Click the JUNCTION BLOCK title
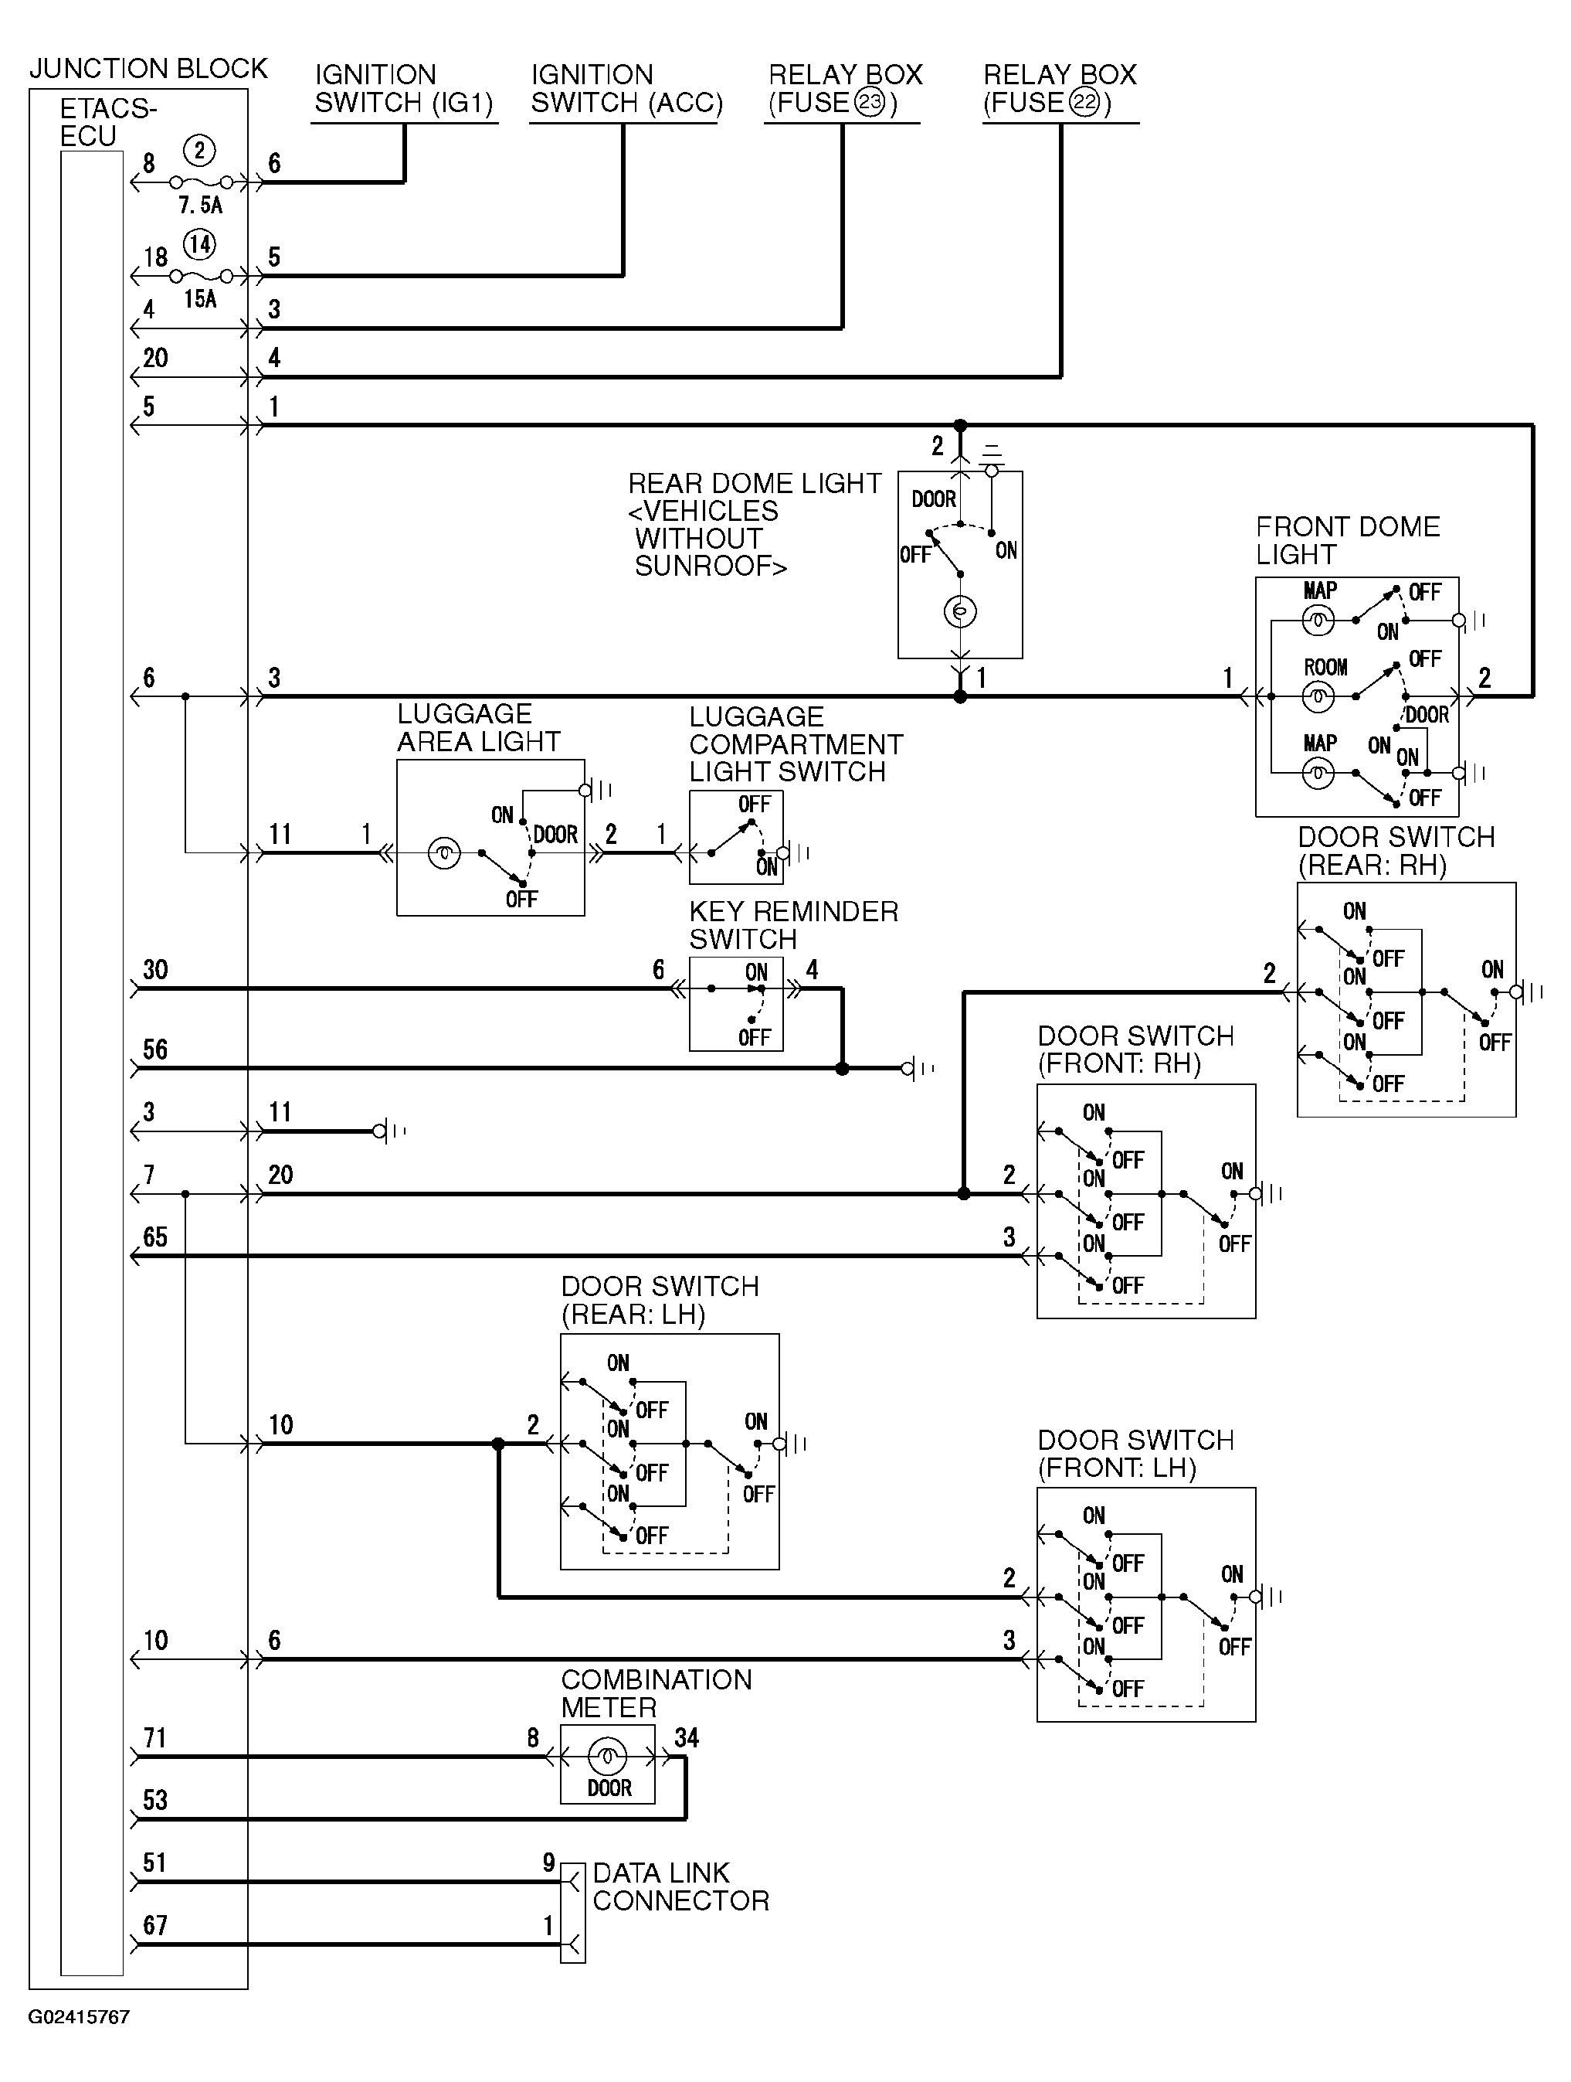[x=148, y=69]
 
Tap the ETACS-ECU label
[x=107, y=122]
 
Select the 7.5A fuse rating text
[x=200, y=204]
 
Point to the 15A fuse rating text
[x=200, y=299]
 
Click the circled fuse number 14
[x=198, y=245]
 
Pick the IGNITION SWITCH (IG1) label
[x=404, y=88]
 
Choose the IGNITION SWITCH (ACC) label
[x=626, y=88]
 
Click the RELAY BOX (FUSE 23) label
[x=845, y=88]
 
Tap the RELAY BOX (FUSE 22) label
[x=1060, y=88]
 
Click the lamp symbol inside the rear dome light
[x=959, y=613]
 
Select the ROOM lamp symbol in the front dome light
[x=1318, y=696]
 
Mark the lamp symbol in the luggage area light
[x=444, y=854]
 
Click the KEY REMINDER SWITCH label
[x=793, y=925]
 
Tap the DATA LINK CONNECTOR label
[x=680, y=1887]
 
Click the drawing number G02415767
[x=79, y=2017]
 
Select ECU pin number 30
[x=155, y=969]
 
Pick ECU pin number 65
[x=155, y=1237]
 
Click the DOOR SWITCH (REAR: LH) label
[x=660, y=1300]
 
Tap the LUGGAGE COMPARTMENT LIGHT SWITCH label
[x=796, y=743]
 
